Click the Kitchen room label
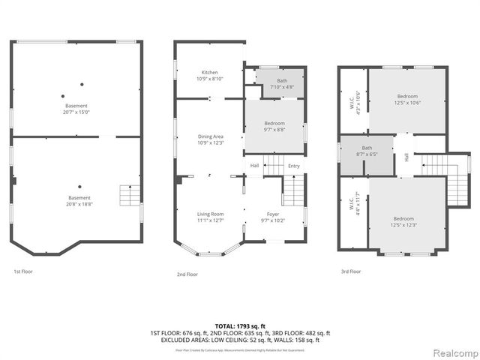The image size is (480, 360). point(210,75)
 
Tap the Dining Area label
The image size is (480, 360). point(211,139)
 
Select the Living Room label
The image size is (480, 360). point(211,217)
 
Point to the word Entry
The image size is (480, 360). point(293,166)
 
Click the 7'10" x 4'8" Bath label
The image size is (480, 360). point(281,83)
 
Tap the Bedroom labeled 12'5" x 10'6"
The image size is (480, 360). point(407,100)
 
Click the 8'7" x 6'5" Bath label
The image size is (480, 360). point(367,151)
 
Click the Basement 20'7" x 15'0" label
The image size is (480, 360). point(76,109)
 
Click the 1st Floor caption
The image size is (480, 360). point(23,271)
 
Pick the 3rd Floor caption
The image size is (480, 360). point(350,271)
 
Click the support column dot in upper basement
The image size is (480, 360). point(63,95)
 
